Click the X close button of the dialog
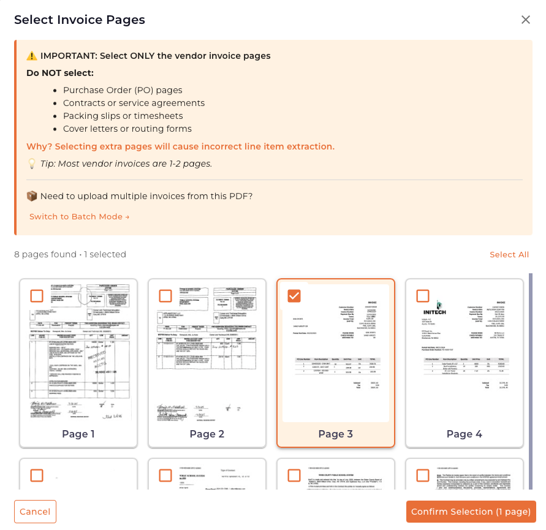pyautogui.click(x=525, y=20)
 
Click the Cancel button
pyautogui.click(x=35, y=512)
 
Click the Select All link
pyautogui.click(x=509, y=254)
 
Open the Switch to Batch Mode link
pyautogui.click(x=79, y=216)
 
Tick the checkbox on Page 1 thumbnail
pyautogui.click(x=37, y=296)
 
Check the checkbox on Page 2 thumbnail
pyautogui.click(x=165, y=296)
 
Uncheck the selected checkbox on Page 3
pyautogui.click(x=294, y=296)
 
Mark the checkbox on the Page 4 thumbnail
pyautogui.click(x=423, y=296)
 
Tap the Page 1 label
pyautogui.click(x=78, y=434)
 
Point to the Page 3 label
pyautogui.click(x=336, y=434)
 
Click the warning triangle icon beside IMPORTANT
pyautogui.click(x=32, y=56)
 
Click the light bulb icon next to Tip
pyautogui.click(x=32, y=164)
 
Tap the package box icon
pyautogui.click(x=32, y=196)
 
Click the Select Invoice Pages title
pyautogui.click(x=80, y=20)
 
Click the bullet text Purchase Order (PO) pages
pyautogui.click(x=123, y=90)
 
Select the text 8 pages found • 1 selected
pyautogui.click(x=70, y=254)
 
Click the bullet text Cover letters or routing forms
pyautogui.click(x=127, y=129)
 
